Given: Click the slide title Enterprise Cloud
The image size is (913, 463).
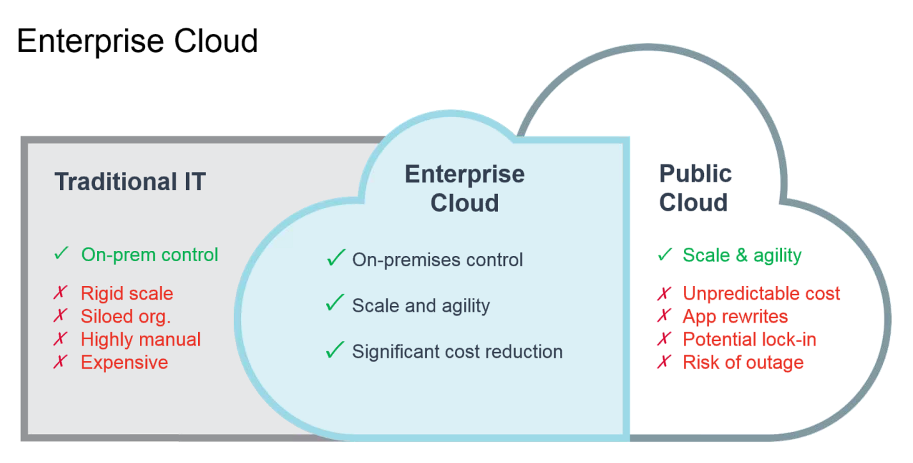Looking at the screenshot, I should click(138, 41).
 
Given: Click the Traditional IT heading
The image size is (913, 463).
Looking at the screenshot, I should click(130, 182).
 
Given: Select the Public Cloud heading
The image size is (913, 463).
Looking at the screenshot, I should click(695, 188).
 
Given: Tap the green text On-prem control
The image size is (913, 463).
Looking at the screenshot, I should click(150, 255).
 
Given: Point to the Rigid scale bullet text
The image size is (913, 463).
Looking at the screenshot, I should click(127, 293).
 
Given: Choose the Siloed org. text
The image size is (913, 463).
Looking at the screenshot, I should click(125, 316).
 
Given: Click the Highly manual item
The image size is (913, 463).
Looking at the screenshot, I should click(141, 339).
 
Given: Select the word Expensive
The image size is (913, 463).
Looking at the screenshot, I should click(125, 362).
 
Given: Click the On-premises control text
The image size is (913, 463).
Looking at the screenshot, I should click(437, 260).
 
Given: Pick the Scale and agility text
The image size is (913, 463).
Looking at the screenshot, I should click(421, 305).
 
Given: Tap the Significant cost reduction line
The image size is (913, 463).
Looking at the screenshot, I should click(457, 352).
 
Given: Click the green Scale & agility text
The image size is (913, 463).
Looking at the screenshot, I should click(742, 255).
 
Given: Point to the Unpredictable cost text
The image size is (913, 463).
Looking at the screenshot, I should click(761, 293).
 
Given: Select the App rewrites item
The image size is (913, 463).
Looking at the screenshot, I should click(735, 316).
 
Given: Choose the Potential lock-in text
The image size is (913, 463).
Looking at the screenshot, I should click(749, 339).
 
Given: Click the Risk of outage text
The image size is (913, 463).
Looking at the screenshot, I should click(743, 362).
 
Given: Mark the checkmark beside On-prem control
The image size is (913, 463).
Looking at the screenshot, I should click(62, 254).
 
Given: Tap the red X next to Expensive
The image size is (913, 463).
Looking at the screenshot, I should click(61, 362).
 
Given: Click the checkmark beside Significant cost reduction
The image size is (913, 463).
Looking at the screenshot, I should click(335, 350).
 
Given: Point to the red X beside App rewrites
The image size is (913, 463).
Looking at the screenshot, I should click(663, 316).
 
